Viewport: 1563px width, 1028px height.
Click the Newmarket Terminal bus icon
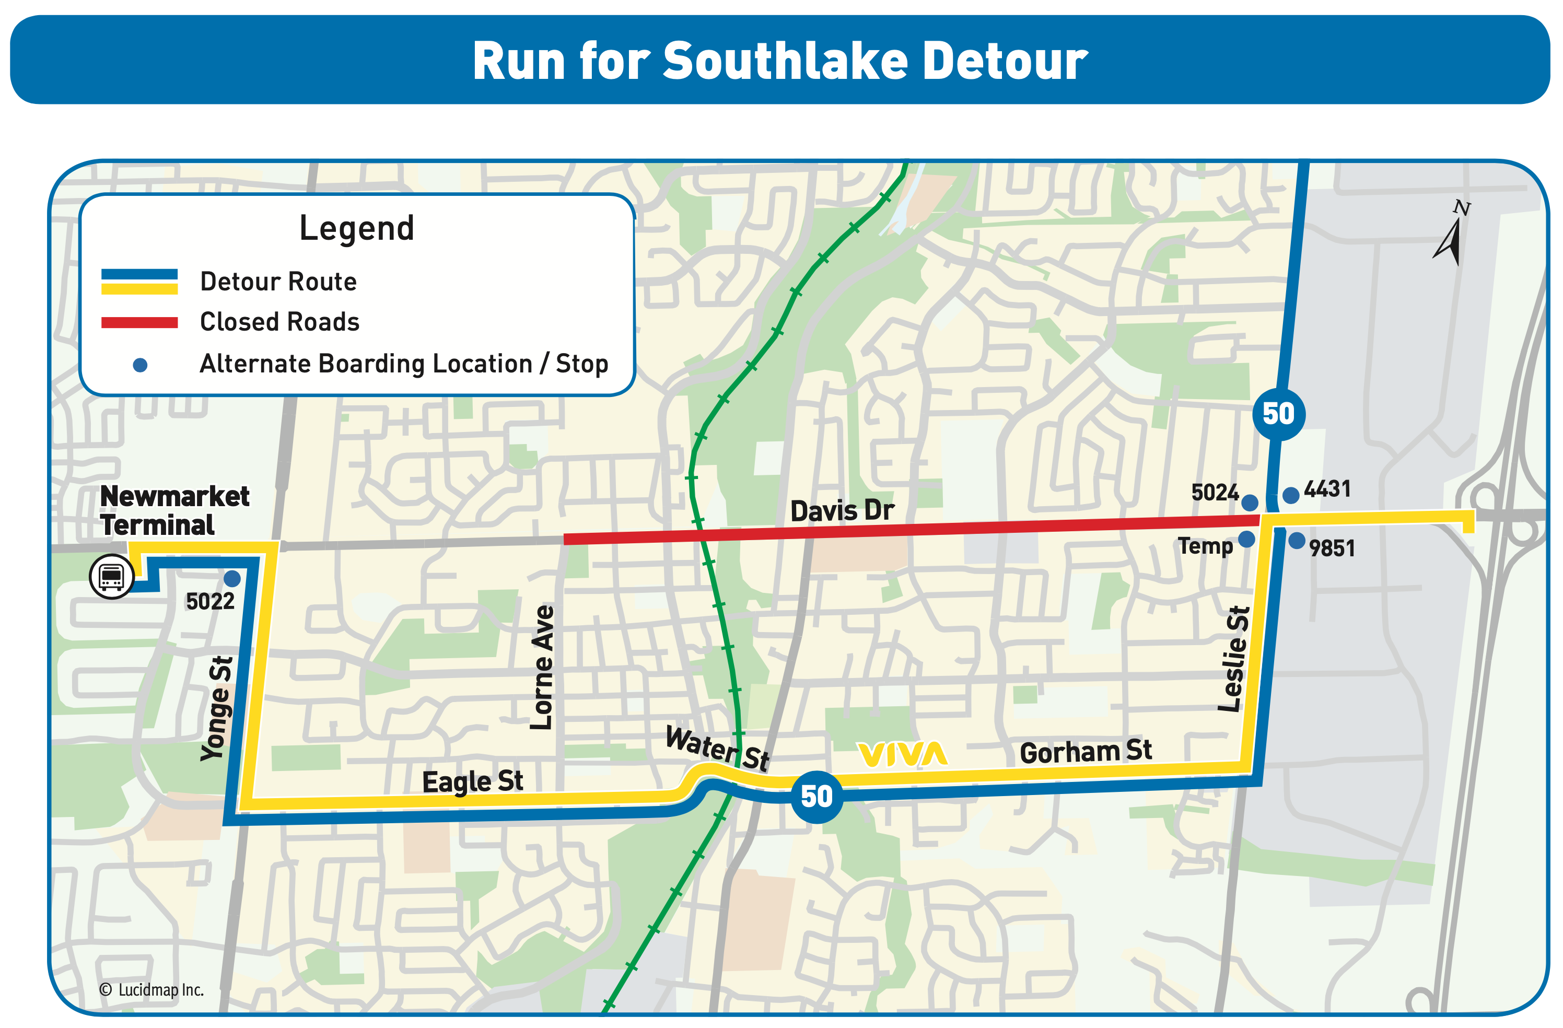click(112, 577)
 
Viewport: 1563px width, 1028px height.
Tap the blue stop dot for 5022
click(232, 579)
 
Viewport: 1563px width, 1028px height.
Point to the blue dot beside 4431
click(1290, 495)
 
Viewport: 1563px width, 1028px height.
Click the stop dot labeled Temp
click(1246, 539)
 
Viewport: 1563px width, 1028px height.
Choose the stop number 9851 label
click(1332, 548)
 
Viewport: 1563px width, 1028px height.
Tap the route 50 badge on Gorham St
click(817, 797)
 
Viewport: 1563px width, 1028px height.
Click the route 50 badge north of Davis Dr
click(1278, 414)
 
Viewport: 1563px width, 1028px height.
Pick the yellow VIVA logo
click(902, 754)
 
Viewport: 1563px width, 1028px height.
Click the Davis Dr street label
click(842, 510)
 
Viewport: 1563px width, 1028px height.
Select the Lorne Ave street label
click(542, 668)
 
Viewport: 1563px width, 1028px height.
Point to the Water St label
click(717, 747)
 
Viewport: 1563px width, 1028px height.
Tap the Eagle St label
click(472, 781)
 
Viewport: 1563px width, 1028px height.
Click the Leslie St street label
click(1234, 658)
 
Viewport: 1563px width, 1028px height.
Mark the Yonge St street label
click(217, 708)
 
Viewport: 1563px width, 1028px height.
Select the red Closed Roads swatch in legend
click(139, 322)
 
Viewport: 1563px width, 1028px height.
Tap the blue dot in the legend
click(140, 365)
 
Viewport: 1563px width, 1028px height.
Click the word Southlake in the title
click(786, 61)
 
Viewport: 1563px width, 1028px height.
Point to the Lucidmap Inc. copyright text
click(151, 989)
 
